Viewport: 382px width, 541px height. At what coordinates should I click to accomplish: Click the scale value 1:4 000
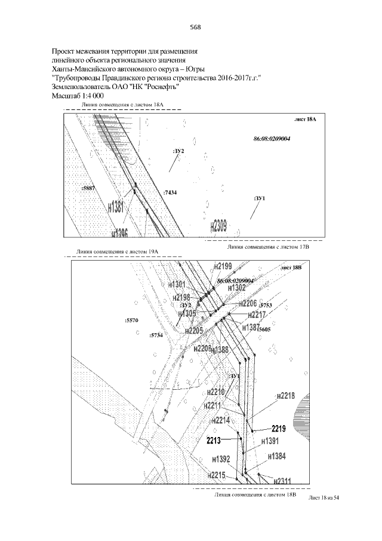pyautogui.click(x=91, y=96)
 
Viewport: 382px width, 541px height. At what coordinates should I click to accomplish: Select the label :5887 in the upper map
pyautogui.click(x=87, y=188)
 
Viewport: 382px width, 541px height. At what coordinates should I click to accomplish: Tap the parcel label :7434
pyautogui.click(x=170, y=193)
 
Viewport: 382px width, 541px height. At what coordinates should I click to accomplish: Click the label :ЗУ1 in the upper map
pyautogui.click(x=259, y=198)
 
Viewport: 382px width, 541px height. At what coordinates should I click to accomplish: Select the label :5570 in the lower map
pyautogui.click(x=131, y=321)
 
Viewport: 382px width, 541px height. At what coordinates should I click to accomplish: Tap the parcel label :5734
pyautogui.click(x=156, y=336)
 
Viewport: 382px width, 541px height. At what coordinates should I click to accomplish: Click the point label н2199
pyautogui.click(x=225, y=265)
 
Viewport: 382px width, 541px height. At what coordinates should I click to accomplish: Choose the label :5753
pyautogui.click(x=265, y=305)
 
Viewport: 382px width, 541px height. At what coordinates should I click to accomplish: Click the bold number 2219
pyautogui.click(x=279, y=428)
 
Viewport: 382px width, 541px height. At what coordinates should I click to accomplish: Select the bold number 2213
pyautogui.click(x=214, y=441)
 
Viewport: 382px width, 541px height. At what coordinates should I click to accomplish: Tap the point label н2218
pyautogui.click(x=285, y=396)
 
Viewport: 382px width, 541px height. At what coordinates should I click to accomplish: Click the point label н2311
pyautogui.click(x=281, y=480)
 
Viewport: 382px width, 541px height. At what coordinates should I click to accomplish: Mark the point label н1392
pyautogui.click(x=221, y=460)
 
